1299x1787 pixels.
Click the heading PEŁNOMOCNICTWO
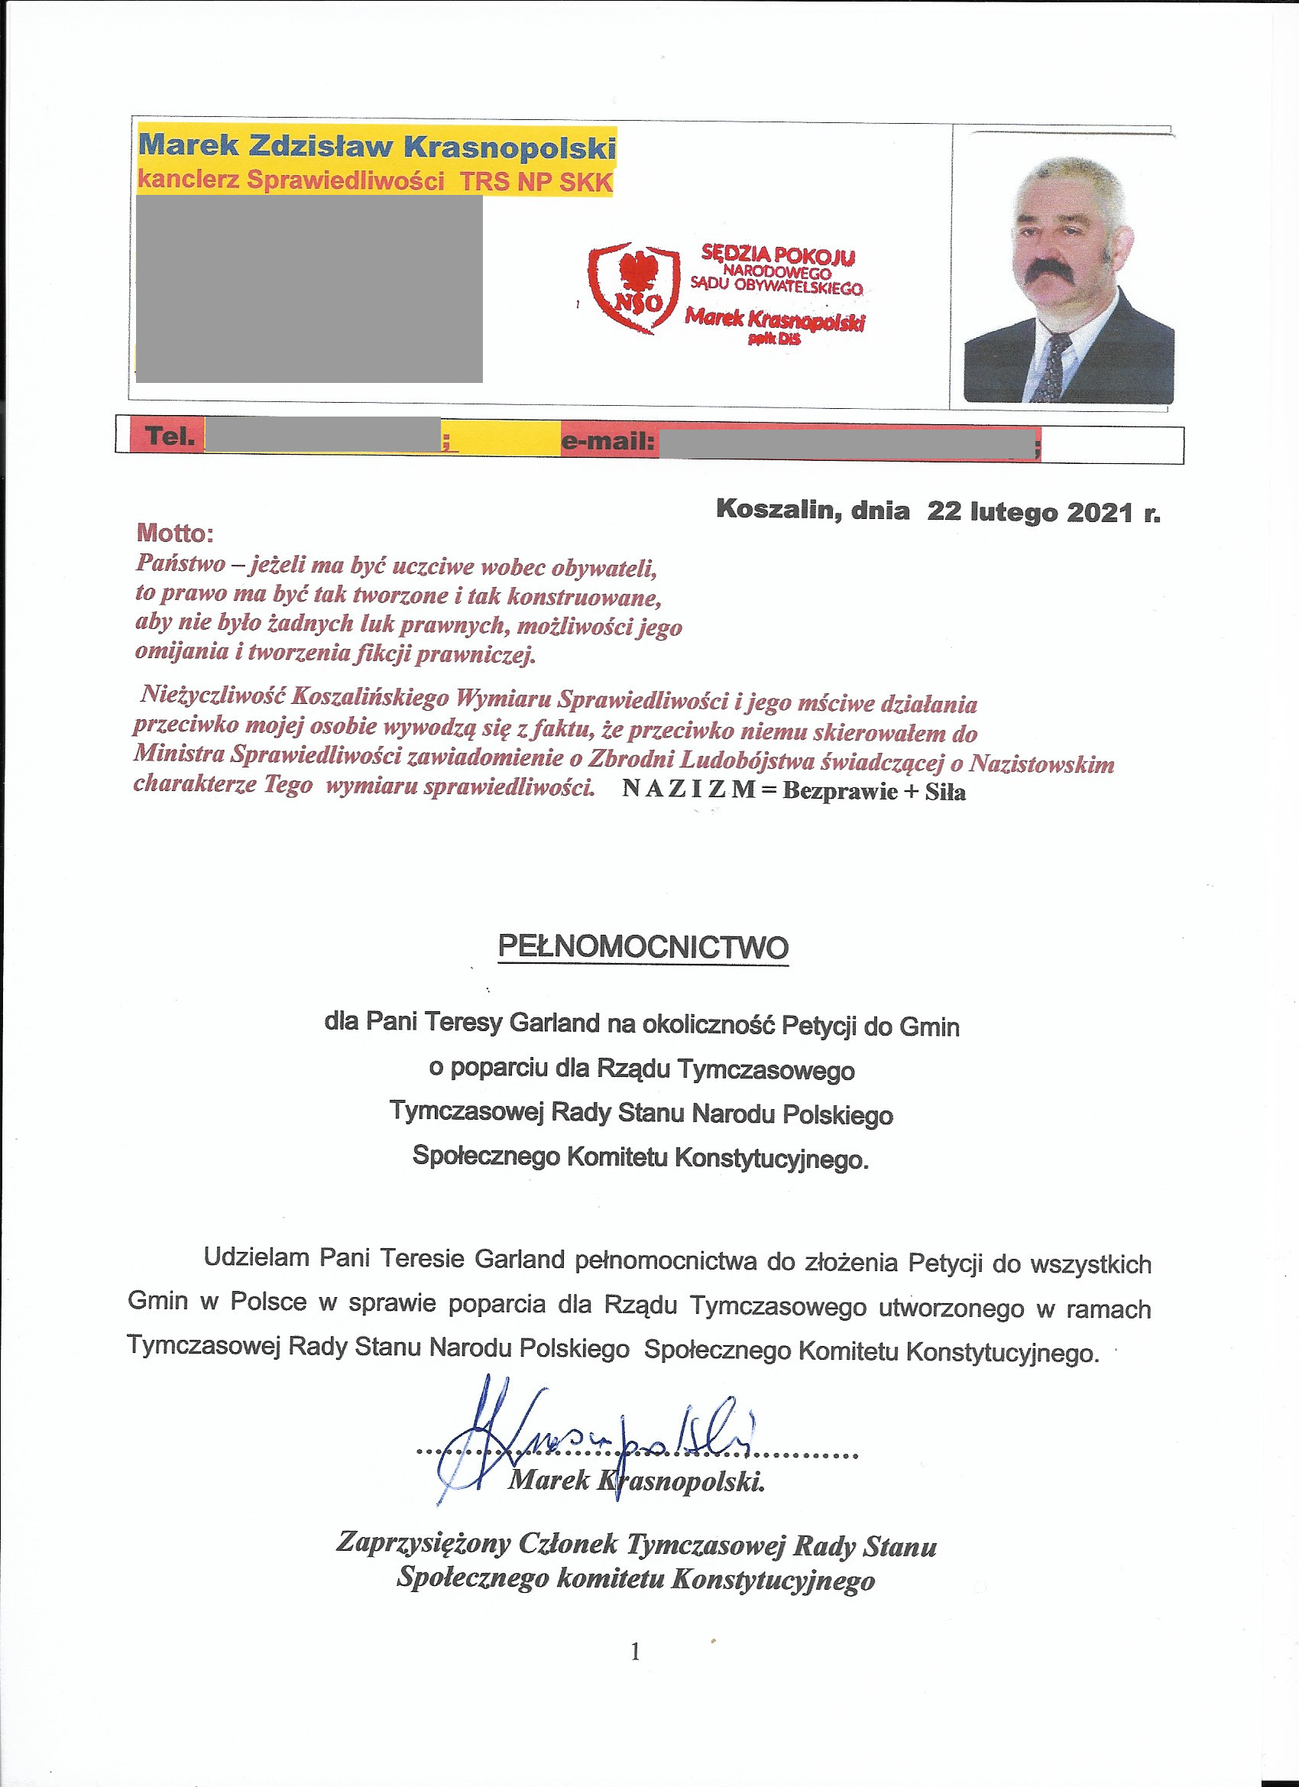click(643, 946)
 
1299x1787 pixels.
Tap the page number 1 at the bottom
click(635, 1652)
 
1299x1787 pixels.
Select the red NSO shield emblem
click(634, 287)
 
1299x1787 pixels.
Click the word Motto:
click(175, 534)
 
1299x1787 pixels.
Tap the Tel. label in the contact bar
click(170, 436)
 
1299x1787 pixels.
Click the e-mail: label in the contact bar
click(607, 442)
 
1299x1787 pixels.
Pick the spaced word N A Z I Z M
click(688, 790)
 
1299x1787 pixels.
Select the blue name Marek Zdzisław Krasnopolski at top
click(377, 146)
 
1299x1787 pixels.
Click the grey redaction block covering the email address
click(847, 443)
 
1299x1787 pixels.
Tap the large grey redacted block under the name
click(309, 288)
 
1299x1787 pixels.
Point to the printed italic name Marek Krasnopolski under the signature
click(637, 1481)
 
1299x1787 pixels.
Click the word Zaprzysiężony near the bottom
click(423, 1542)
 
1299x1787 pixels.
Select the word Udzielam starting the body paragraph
click(256, 1257)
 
